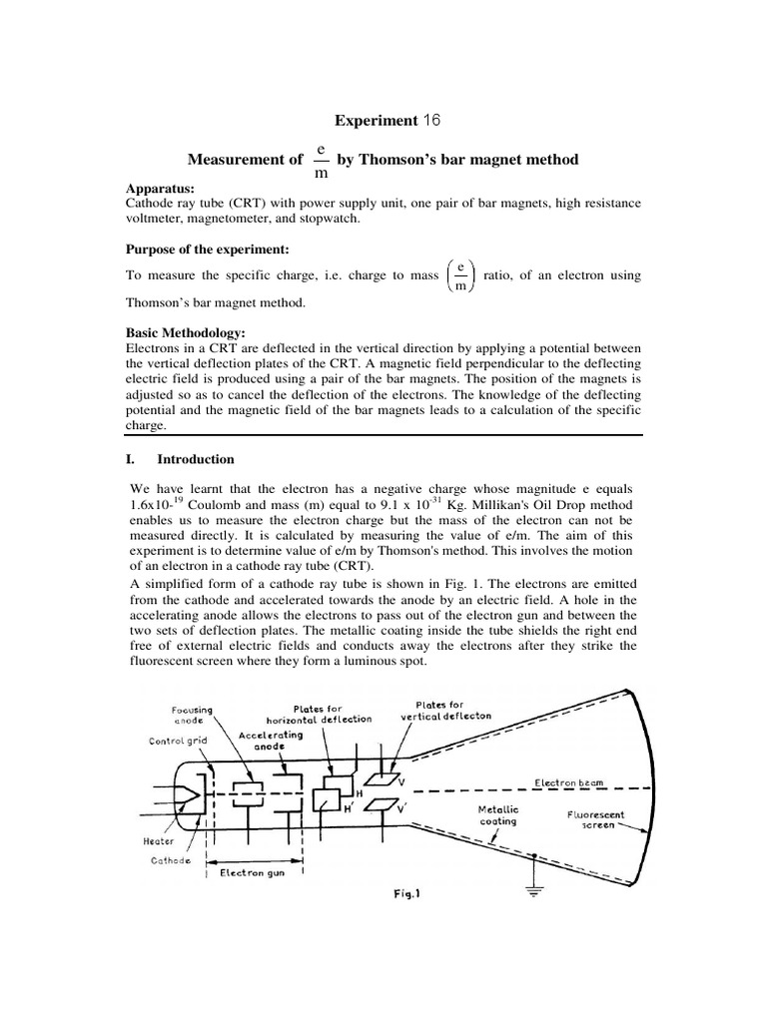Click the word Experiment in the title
pos(375,121)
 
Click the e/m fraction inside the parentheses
pos(459,275)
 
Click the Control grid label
pos(179,741)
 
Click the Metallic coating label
pos(494,815)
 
